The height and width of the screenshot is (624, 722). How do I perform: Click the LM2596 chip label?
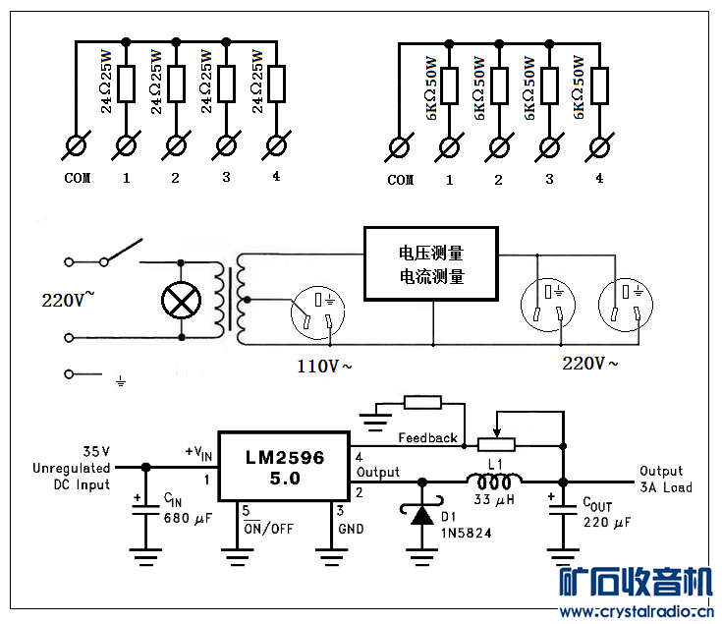point(285,458)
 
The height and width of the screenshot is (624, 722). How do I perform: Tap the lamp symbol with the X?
point(181,301)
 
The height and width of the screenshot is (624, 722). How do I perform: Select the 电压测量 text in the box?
point(431,254)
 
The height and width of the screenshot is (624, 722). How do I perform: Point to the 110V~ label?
point(324,367)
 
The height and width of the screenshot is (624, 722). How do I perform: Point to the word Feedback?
point(427,438)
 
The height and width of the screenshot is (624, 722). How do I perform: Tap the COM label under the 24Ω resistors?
point(78,178)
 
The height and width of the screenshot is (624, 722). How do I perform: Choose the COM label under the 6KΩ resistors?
point(401,180)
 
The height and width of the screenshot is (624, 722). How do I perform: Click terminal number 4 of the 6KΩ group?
point(599,179)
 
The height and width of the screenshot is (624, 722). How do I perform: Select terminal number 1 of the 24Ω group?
point(126,178)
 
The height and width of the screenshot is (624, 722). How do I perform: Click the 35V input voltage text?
point(96,452)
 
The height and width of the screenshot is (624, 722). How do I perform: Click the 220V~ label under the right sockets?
point(590,364)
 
